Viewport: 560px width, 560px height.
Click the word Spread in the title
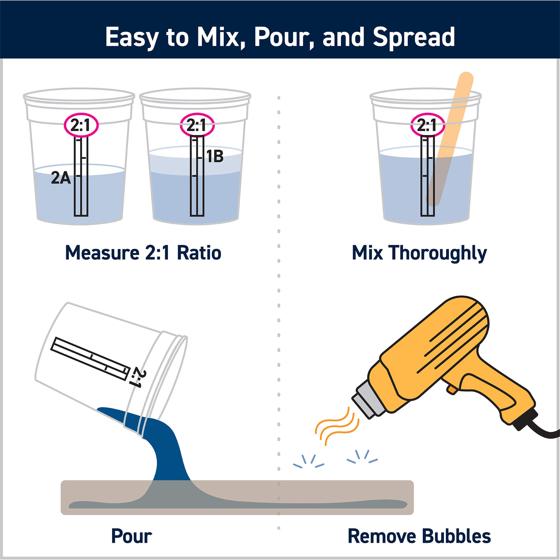[x=414, y=37]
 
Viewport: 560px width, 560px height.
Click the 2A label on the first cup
[x=61, y=178]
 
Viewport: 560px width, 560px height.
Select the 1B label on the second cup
[x=215, y=157]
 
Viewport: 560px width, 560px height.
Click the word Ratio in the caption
[x=199, y=253]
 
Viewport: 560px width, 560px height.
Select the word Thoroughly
[x=438, y=253]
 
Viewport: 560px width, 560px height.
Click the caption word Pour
[x=132, y=536]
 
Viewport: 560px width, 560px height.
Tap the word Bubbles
[x=456, y=536]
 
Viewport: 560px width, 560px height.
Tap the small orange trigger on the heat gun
[x=452, y=389]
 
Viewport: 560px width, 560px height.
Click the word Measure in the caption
[x=102, y=253]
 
